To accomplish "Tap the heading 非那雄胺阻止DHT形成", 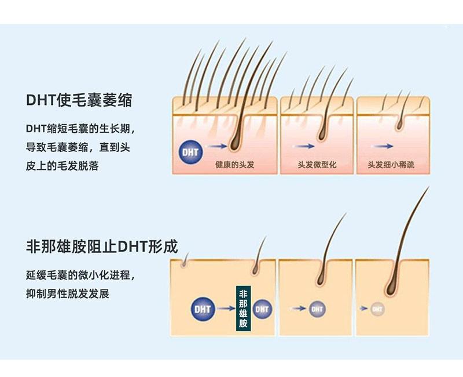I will [102, 246].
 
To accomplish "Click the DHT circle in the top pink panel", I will [190, 153].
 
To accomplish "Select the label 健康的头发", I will [234, 165].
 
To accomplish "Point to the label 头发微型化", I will [317, 165].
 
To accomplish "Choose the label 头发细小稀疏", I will [391, 165].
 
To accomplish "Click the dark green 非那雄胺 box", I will [244, 308].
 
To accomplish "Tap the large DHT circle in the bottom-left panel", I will [203, 309].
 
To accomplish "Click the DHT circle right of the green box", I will [262, 309].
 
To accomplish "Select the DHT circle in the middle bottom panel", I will [317, 309].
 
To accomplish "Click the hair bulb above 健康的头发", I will [235, 141].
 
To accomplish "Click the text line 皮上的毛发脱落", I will [62, 166].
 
